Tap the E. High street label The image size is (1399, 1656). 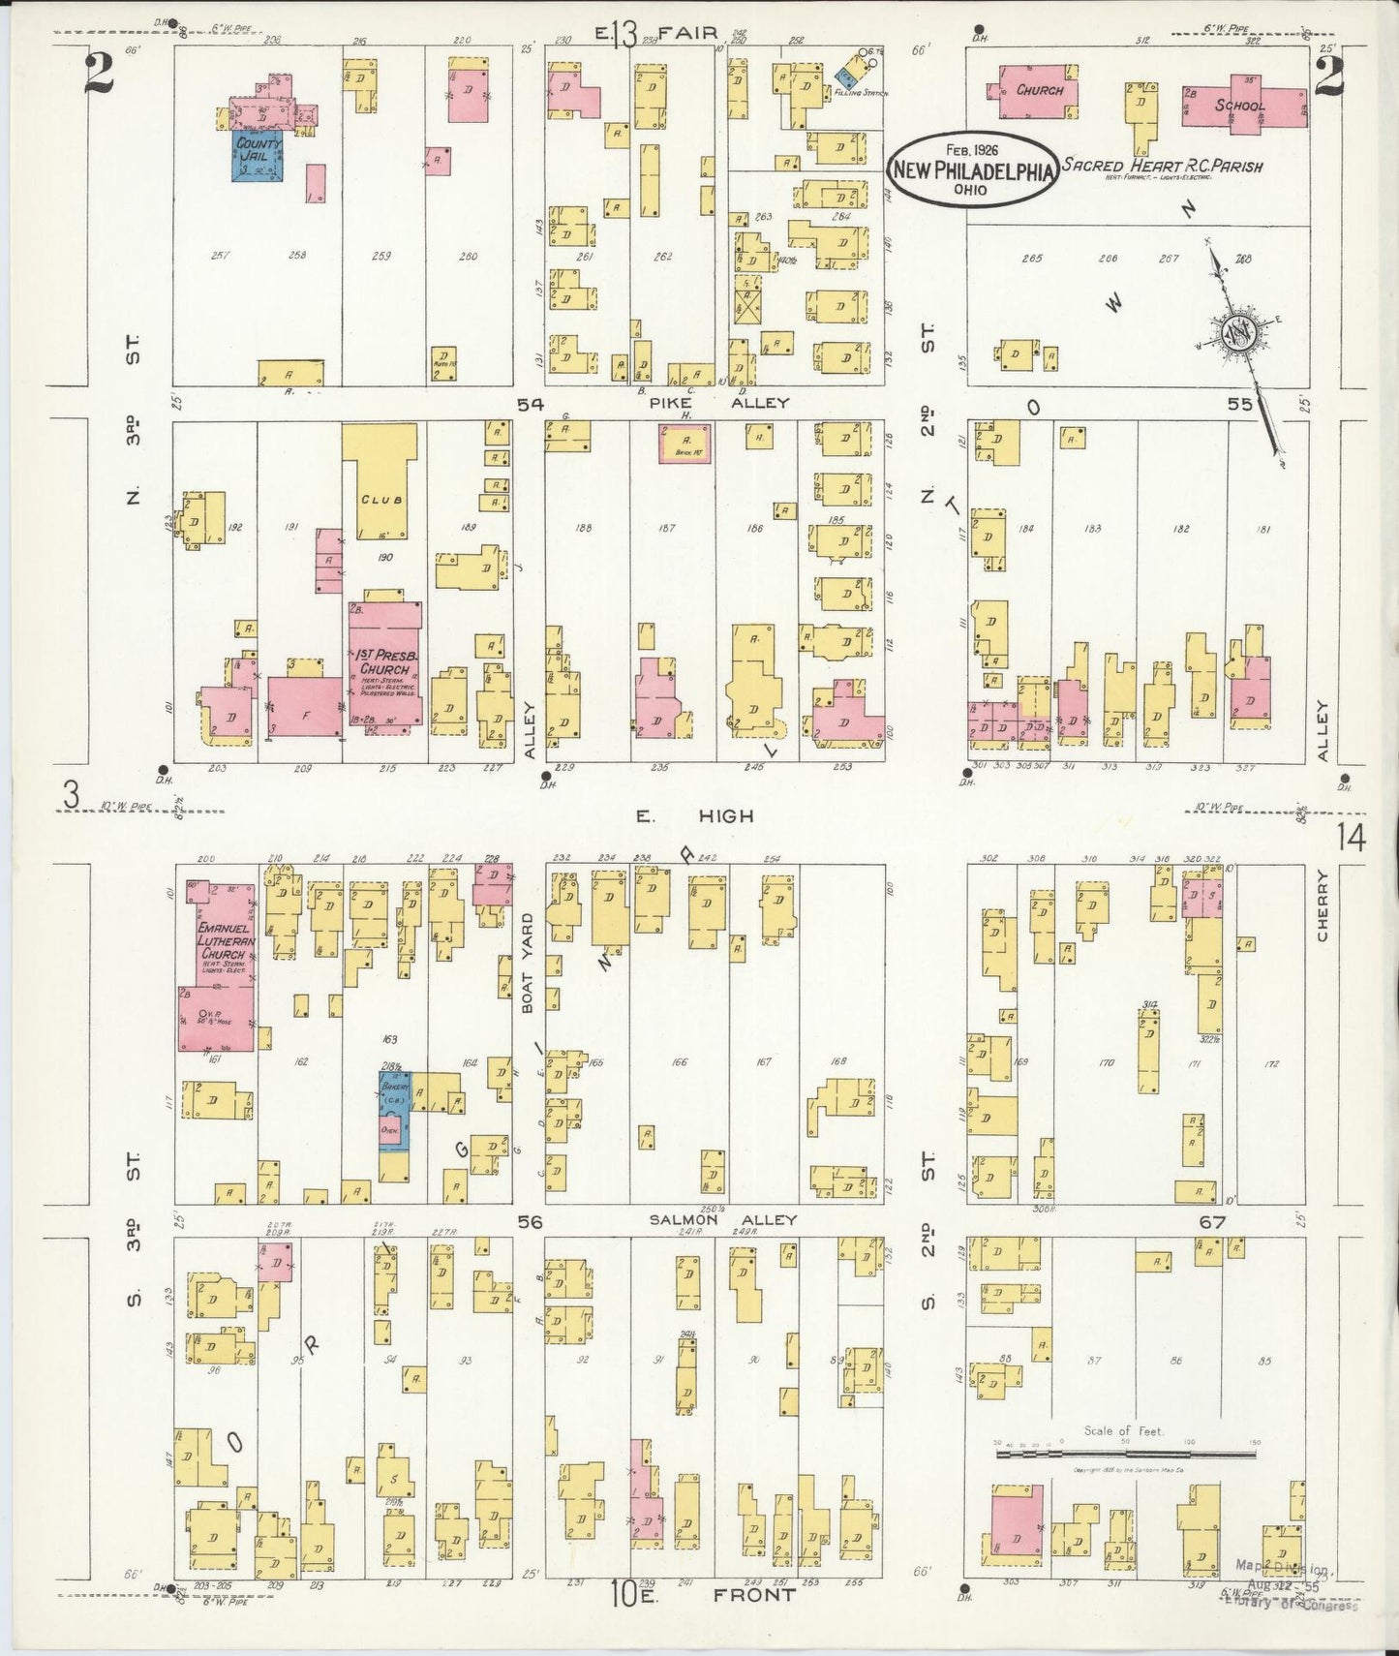[x=693, y=815]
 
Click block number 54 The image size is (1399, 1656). [x=529, y=404]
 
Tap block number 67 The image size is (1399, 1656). [x=1212, y=1222]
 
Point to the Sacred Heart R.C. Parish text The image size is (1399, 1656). [x=1162, y=166]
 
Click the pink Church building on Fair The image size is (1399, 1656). [x=1038, y=90]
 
